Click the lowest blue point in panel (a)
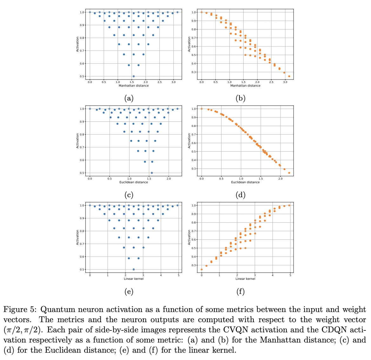(133, 76)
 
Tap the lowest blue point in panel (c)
(152, 173)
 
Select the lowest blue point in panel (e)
(133, 269)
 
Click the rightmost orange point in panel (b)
(289, 76)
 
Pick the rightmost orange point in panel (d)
(289, 173)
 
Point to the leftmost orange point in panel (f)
(201, 269)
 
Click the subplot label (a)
(129, 99)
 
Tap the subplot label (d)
(240, 195)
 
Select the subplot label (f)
(240, 292)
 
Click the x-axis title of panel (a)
(133, 86)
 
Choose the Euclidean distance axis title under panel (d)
(245, 182)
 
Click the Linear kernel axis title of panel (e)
(133, 279)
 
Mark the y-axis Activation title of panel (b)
(190, 44)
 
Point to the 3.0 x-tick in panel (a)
(173, 82)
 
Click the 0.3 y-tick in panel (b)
(193, 72)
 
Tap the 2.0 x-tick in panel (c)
(169, 179)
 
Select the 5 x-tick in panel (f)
(290, 275)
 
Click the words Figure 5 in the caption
(19, 309)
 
